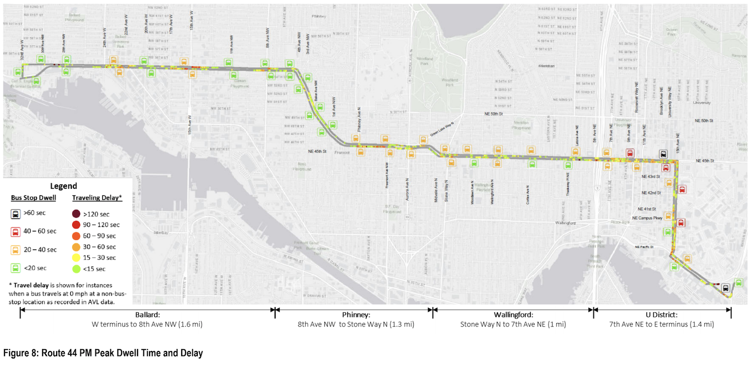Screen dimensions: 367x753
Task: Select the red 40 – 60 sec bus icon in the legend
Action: tap(16, 231)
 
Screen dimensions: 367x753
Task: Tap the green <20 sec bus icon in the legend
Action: tap(16, 268)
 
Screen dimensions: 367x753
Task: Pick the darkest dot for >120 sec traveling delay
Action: tap(76, 214)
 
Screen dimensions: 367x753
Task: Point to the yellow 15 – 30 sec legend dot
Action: tap(76, 258)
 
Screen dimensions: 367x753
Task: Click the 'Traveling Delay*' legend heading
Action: tap(97, 198)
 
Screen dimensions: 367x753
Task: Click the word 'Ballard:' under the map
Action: tap(147, 315)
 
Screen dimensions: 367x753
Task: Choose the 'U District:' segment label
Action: tap(662, 315)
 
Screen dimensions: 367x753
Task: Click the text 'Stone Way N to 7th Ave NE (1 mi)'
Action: tap(513, 324)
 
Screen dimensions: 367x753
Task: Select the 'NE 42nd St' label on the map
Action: tap(652, 193)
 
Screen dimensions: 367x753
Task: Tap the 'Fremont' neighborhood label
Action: tap(341, 151)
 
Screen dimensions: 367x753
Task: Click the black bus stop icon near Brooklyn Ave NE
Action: tap(663, 155)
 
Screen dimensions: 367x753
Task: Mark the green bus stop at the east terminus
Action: tap(738, 282)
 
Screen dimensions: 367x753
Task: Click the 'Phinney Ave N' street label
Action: tap(359, 119)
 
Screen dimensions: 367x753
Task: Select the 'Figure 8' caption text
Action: tap(103, 353)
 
